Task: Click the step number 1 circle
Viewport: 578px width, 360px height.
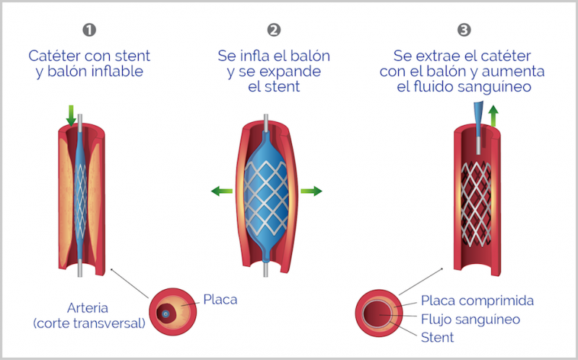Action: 90,30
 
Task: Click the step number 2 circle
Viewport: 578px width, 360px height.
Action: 274,30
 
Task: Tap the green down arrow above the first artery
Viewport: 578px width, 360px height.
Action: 71,114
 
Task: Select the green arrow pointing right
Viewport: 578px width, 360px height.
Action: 311,191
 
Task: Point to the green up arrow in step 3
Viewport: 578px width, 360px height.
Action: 493,115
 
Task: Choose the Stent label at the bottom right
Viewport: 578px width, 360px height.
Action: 438,337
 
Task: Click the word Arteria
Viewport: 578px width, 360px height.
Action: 87,307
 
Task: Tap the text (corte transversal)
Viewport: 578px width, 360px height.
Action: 89,323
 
